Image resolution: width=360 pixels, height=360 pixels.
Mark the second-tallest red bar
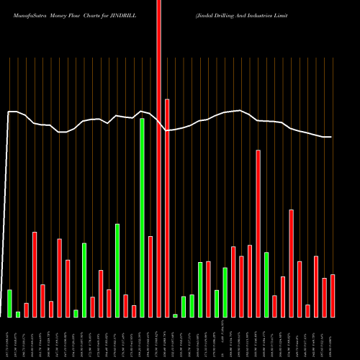167,208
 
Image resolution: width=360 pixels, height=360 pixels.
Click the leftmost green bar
10,303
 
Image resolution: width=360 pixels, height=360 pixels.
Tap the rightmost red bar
333,296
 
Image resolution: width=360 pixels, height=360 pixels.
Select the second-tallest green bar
117,270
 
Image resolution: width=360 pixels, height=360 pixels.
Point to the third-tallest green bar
84,280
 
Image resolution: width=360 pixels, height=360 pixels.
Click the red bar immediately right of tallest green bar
150,276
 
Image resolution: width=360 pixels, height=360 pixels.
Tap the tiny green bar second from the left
18,314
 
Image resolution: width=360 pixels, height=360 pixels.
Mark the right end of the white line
331,137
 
